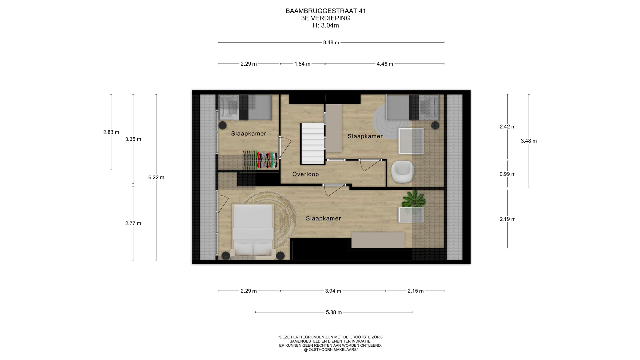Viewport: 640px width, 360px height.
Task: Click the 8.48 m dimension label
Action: (x=331, y=42)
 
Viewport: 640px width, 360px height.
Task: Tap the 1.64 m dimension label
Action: (x=302, y=64)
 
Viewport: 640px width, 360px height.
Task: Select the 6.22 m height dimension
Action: (x=156, y=177)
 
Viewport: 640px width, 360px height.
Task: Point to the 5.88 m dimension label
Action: (x=334, y=312)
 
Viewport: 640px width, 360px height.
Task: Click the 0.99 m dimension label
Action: (x=507, y=174)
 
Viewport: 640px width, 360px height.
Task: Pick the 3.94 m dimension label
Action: (x=333, y=291)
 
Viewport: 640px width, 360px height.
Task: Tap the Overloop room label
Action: (x=305, y=174)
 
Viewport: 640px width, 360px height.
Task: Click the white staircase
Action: (x=313, y=144)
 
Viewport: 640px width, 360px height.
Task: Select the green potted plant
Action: (x=413, y=200)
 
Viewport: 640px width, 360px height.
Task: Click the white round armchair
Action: (x=403, y=172)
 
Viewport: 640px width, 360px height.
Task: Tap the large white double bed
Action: (x=253, y=230)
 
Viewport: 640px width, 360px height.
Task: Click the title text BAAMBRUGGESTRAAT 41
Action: (x=326, y=11)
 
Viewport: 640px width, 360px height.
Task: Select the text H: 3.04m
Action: (x=326, y=25)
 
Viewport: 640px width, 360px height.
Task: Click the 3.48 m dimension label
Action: (x=529, y=141)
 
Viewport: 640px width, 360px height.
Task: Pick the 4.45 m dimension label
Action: (x=385, y=64)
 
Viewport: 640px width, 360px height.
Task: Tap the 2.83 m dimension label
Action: (x=111, y=132)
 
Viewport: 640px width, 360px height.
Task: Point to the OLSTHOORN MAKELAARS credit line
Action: (x=331, y=350)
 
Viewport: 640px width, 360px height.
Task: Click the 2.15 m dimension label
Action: (x=415, y=291)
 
